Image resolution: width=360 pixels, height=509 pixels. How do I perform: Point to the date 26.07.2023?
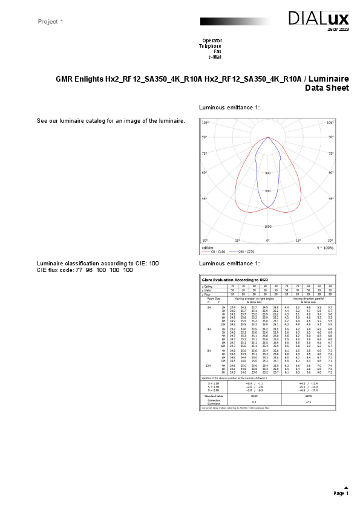338,29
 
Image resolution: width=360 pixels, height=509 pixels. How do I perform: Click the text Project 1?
50,22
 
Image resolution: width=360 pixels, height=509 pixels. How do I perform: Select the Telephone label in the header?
210,46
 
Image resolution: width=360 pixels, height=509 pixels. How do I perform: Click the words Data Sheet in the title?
327,88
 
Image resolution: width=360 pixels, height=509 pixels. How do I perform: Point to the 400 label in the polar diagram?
267,173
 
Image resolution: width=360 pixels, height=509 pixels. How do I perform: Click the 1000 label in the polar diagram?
267,227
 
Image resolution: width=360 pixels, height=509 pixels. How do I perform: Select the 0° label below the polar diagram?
267,241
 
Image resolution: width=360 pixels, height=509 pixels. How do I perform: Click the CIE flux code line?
85,270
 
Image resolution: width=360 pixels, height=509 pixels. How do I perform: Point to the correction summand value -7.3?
308,401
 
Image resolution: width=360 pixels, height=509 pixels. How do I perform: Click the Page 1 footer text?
341,494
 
